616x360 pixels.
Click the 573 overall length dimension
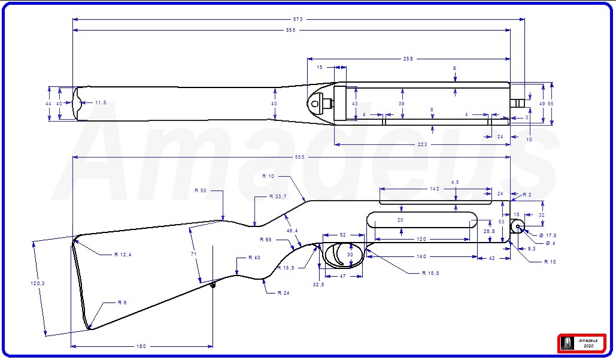tap(298, 19)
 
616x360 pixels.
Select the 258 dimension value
tap(408, 59)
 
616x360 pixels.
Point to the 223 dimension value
tap(423, 144)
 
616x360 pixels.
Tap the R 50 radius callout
tap(201, 190)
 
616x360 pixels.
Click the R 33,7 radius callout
tap(277, 197)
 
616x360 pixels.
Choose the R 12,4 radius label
tap(123, 255)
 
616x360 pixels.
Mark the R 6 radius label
tap(122, 302)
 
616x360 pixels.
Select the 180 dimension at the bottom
tap(141, 346)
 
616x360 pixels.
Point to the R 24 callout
tap(284, 293)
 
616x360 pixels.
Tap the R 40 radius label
tap(254, 258)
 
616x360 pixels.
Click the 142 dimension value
tap(435, 189)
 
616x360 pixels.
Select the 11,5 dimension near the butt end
tap(100, 103)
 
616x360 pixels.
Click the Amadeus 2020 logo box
tap(581, 343)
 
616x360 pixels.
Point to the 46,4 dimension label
tap(292, 231)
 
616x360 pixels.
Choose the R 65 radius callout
tap(266, 240)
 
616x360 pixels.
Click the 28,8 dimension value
tap(489, 231)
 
